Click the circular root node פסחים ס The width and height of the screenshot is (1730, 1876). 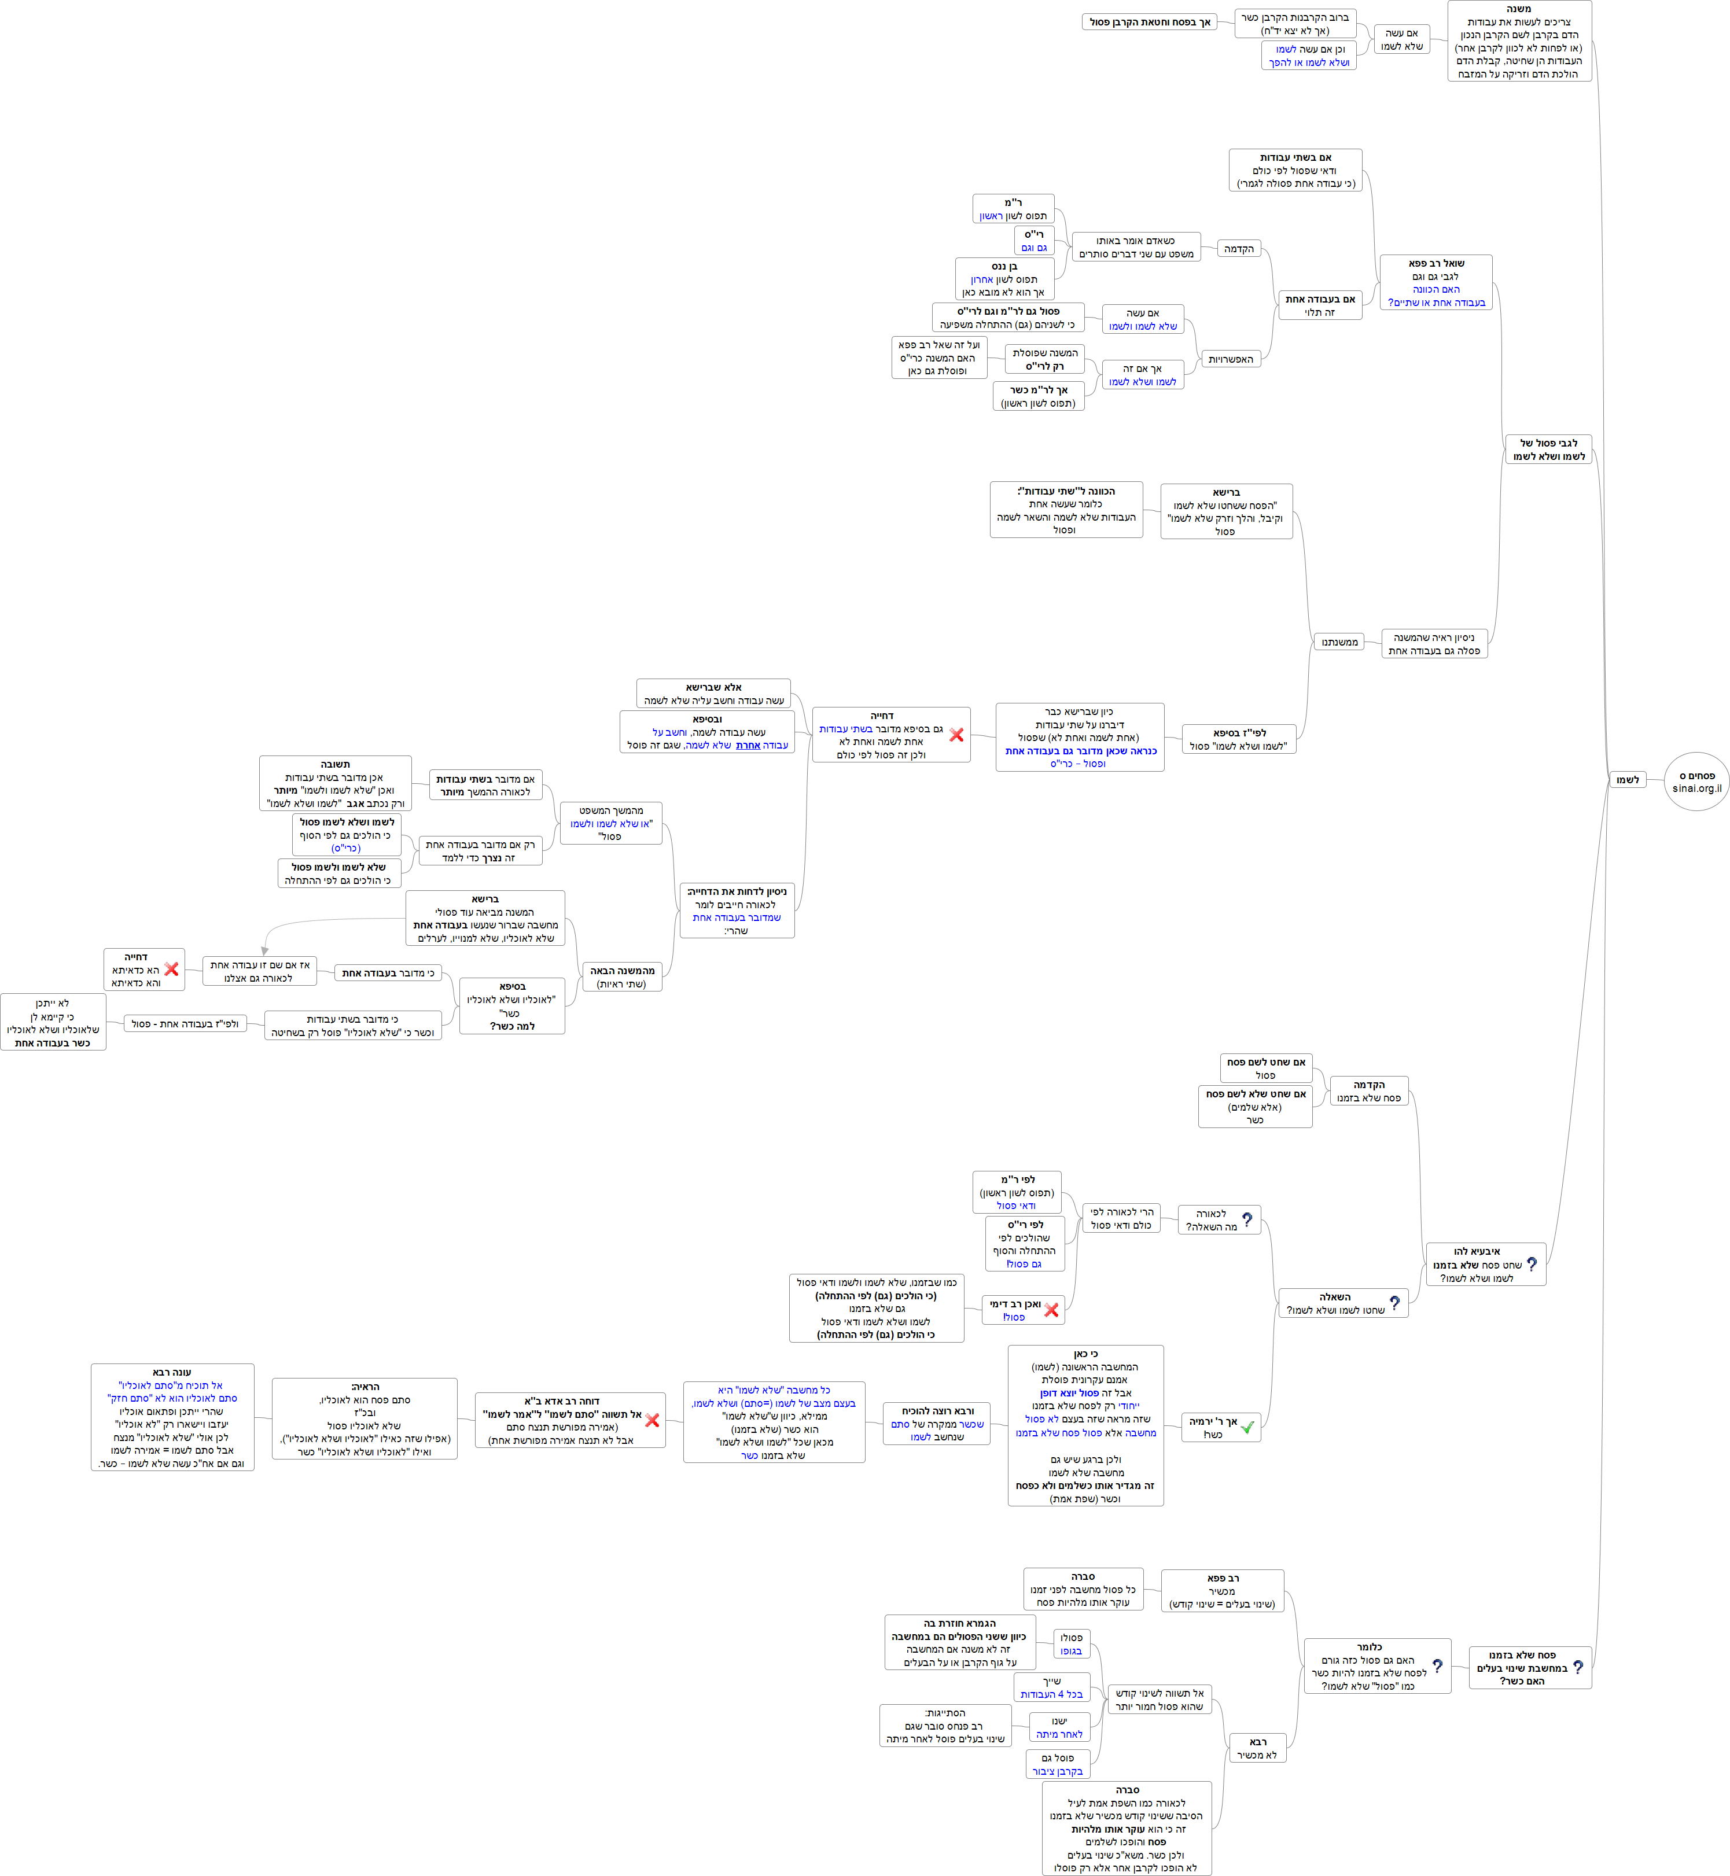click(x=1696, y=781)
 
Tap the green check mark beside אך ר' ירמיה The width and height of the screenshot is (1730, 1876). click(x=1247, y=1428)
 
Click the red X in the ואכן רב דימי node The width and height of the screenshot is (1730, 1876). click(x=1051, y=1310)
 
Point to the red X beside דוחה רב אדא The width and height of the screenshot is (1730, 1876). click(x=653, y=1420)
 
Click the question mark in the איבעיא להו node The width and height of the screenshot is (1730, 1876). click(x=1532, y=1264)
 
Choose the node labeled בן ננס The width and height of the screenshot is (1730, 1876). click(x=1004, y=279)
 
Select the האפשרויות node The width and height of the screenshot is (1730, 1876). click(x=1230, y=359)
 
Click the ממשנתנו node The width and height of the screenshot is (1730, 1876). click(x=1339, y=642)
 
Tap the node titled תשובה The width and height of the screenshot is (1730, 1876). click(x=335, y=783)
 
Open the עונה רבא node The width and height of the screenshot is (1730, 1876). click(x=172, y=1417)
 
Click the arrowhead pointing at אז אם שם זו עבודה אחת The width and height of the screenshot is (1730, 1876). click(x=265, y=951)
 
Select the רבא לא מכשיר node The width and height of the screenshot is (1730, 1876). click(x=1257, y=1748)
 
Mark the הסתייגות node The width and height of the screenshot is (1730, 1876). click(x=945, y=1725)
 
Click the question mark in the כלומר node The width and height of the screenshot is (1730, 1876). click(x=1437, y=1665)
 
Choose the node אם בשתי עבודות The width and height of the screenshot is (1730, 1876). click(x=1295, y=171)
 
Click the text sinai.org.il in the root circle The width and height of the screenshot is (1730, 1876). click(x=1696, y=788)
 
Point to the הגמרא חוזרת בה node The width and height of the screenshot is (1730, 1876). click(x=959, y=1642)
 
